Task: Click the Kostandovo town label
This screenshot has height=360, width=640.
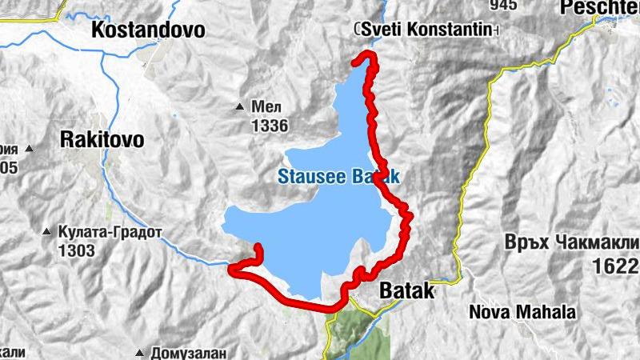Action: coord(149,31)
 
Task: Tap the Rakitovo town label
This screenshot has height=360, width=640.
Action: coord(102,140)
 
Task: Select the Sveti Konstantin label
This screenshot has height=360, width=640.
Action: coord(426,29)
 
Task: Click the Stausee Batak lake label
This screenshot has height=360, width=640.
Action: coord(338,177)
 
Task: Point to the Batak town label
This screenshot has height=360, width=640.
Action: coord(406,291)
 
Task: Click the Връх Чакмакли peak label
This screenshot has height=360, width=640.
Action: coord(573,242)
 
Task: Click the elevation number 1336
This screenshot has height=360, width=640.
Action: coord(268,126)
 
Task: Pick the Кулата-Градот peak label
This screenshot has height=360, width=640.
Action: coord(110,233)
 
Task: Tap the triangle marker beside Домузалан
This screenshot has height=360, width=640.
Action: coord(141,352)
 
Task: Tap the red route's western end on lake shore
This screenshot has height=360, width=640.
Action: coord(258,247)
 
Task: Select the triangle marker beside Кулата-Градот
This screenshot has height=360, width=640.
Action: coord(46,233)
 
